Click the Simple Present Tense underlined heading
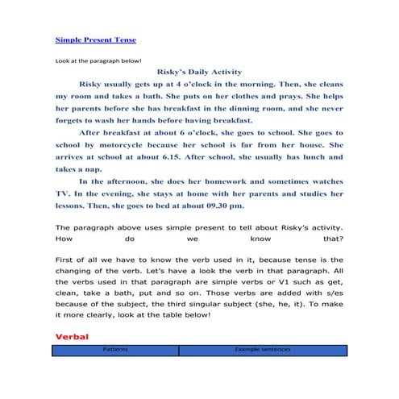pos(96,39)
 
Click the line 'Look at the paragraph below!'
pos(98,60)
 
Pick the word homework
pos(224,182)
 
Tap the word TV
pos(62,194)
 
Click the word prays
pos(279,95)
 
